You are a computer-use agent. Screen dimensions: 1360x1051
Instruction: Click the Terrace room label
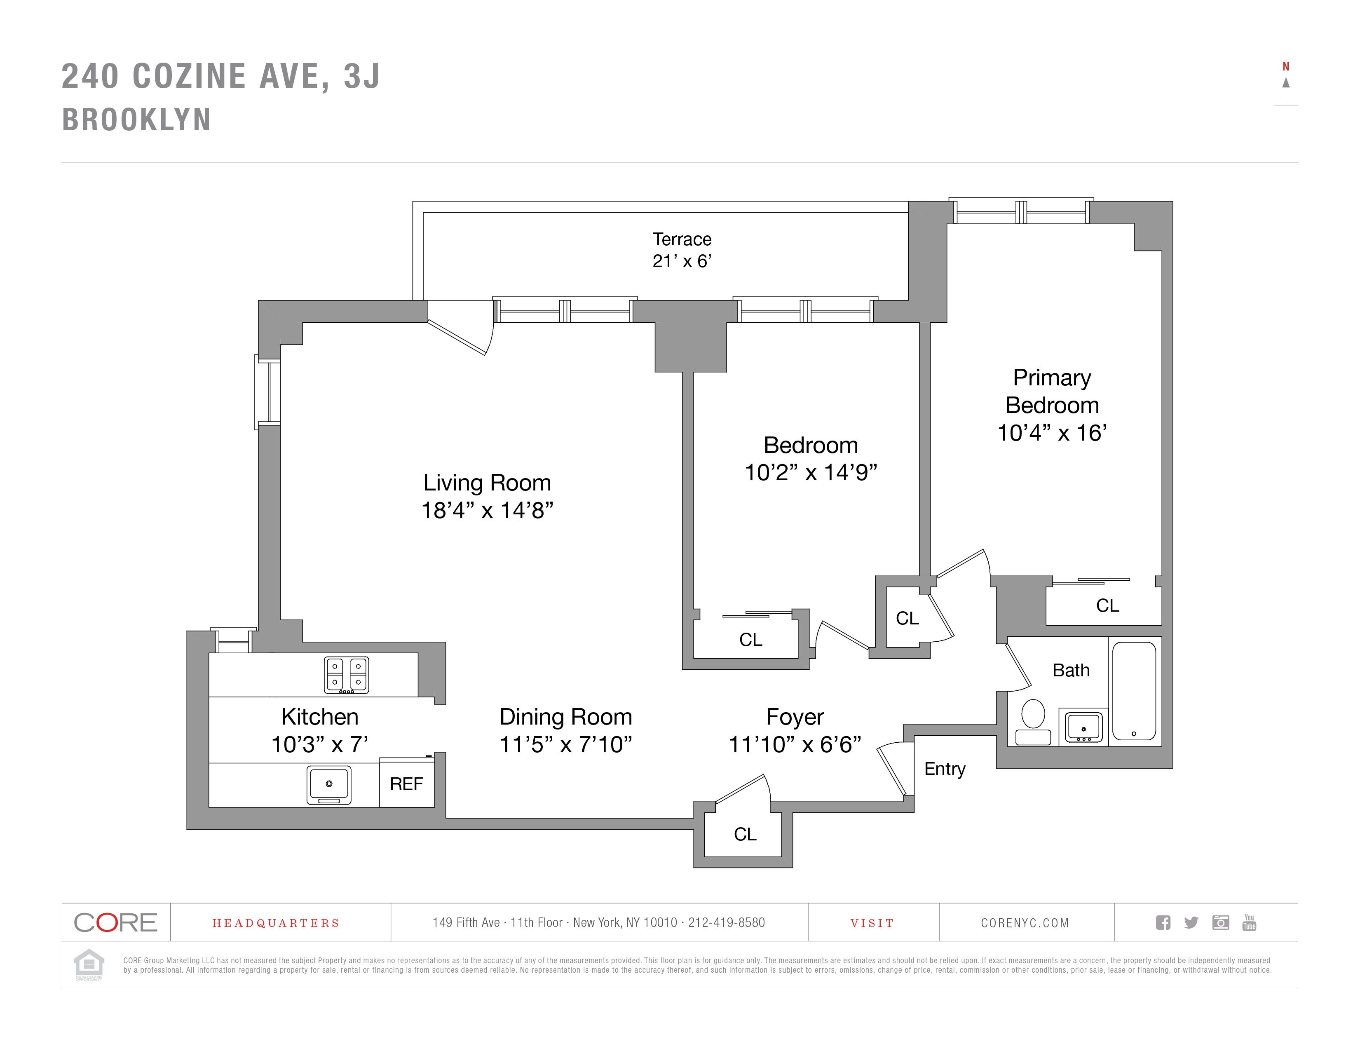(x=682, y=239)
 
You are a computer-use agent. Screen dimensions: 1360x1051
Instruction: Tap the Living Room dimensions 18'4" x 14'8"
(x=487, y=511)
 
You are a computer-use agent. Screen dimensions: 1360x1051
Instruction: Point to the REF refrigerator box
(x=407, y=783)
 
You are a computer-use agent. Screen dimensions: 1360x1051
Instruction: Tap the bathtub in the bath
(x=1134, y=691)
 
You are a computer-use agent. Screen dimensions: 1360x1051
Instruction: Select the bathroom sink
(x=1083, y=727)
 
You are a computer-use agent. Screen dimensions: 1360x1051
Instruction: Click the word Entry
(x=945, y=769)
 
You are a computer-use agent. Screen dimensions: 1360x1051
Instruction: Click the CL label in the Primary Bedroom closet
(x=1107, y=605)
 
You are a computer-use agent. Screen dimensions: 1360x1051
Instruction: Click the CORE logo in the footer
(x=116, y=922)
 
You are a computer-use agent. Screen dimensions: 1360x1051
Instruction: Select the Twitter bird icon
(x=1191, y=922)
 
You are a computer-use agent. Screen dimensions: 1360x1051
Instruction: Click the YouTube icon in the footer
(x=1249, y=922)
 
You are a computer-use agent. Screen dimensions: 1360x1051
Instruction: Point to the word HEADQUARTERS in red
(x=276, y=923)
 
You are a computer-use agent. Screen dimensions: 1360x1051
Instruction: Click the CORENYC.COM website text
(x=1025, y=923)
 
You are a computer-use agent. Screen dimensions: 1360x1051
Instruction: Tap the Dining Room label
(x=565, y=717)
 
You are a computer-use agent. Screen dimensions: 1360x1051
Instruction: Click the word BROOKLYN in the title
(x=137, y=120)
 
